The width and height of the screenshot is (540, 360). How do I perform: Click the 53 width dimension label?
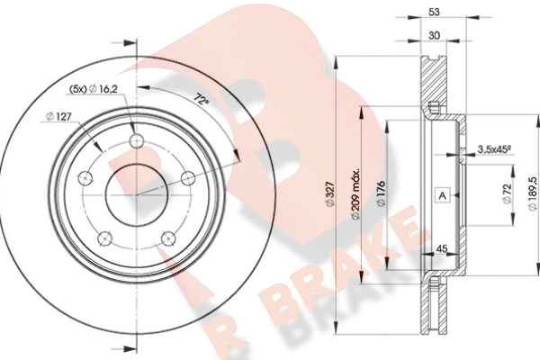435,12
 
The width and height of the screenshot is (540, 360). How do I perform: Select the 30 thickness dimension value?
435,35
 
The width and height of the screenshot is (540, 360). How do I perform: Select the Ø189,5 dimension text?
532,194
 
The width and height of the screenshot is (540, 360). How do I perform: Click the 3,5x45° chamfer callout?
494,149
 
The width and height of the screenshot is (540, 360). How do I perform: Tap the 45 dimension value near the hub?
442,248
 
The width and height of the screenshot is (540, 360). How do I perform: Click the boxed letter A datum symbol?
443,195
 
